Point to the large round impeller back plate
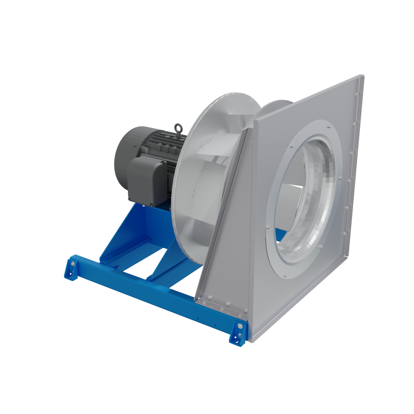195,172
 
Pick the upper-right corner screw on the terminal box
164,163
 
